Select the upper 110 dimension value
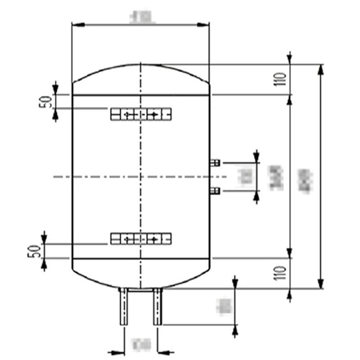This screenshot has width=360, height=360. (x=282, y=79)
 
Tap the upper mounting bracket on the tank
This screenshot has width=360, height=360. (x=141, y=115)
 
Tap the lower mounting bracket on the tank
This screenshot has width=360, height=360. (x=141, y=238)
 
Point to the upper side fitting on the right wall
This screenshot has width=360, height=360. (x=215, y=162)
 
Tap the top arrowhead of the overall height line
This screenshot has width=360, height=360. (x=320, y=68)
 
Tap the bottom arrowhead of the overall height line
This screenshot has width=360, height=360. (x=320, y=284)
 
